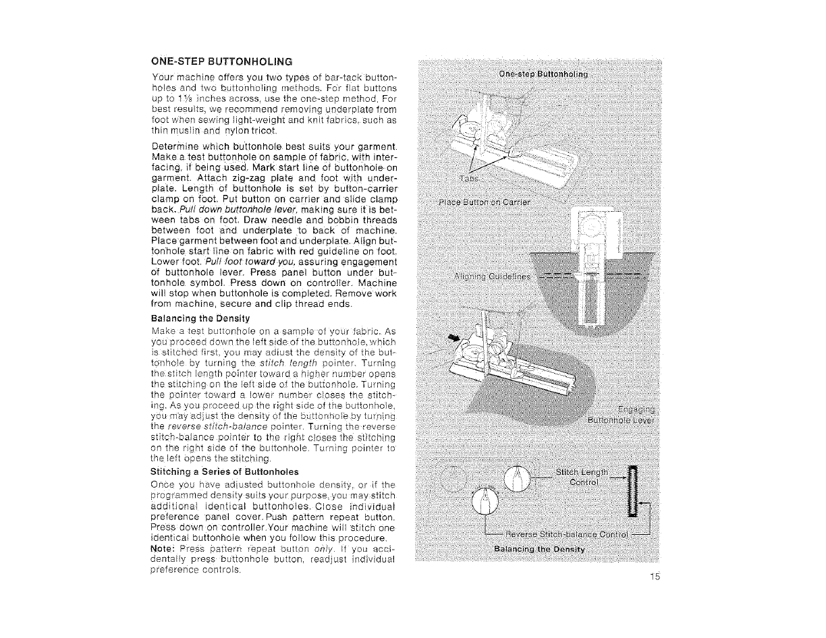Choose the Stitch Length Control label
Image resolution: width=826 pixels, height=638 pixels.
583,477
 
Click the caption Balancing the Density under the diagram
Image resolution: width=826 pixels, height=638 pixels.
541,548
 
